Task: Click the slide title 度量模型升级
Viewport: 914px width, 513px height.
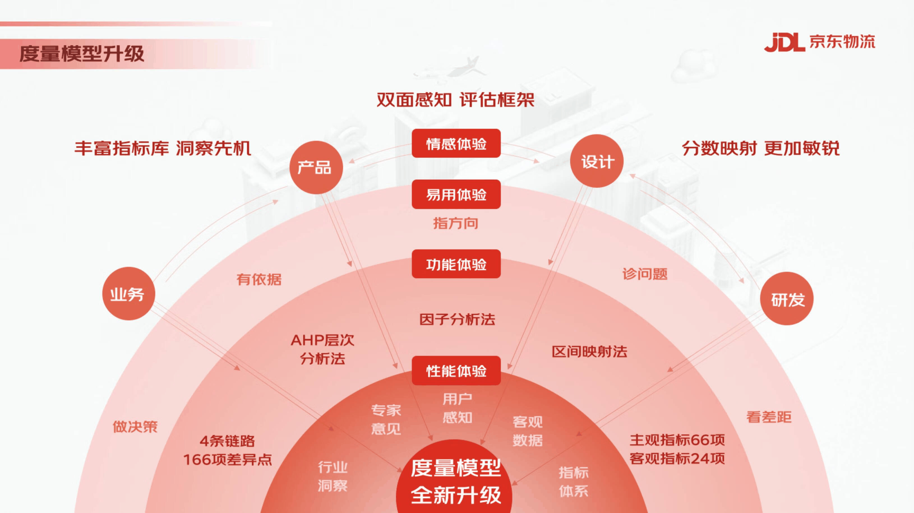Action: coord(82,54)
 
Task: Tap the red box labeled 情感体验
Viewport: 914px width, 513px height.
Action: coord(456,144)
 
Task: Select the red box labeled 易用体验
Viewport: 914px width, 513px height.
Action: coord(456,195)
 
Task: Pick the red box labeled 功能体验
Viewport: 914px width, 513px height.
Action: coord(456,264)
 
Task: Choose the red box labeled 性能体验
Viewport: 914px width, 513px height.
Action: coord(456,371)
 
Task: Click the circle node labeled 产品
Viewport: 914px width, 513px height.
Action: coord(316,167)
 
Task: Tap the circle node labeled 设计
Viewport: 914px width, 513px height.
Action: coord(597,161)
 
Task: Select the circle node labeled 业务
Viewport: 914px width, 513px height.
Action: coord(128,294)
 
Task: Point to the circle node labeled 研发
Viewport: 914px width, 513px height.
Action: coord(787,299)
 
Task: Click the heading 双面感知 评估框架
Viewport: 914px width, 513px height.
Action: coord(455,100)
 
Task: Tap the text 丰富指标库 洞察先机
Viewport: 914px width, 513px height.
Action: coord(163,148)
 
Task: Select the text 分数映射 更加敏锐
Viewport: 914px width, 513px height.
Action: coord(761,148)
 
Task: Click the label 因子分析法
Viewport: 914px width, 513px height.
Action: coord(457,320)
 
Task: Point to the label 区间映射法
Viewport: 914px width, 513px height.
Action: coord(589,352)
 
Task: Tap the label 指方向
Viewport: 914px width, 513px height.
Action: coord(456,223)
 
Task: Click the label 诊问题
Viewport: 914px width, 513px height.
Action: coord(645,274)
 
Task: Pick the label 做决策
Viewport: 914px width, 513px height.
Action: coord(135,426)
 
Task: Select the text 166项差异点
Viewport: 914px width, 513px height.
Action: coord(227,460)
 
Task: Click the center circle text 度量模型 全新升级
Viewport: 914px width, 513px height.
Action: coord(456,481)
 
